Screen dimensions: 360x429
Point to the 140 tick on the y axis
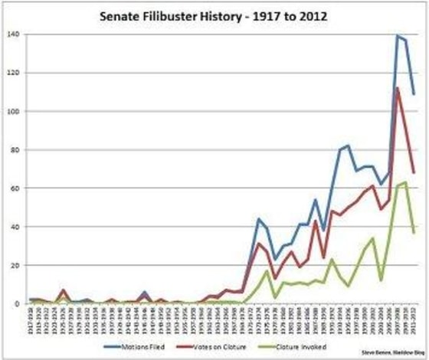click(x=12, y=34)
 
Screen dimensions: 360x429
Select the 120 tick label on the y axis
click(x=12, y=73)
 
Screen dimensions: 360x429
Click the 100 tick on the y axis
click(x=12, y=111)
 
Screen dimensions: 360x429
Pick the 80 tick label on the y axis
click(x=15, y=149)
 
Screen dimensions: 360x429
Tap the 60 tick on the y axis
click(x=15, y=188)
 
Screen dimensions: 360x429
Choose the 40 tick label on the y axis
click(x=15, y=227)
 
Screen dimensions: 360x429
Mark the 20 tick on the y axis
click(x=15, y=265)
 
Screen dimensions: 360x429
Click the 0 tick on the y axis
click(x=17, y=303)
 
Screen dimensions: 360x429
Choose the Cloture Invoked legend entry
click(x=310, y=346)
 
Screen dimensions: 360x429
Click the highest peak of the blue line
click(x=398, y=36)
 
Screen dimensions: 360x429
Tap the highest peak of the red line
click(x=398, y=88)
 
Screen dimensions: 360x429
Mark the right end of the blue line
click(x=414, y=94)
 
